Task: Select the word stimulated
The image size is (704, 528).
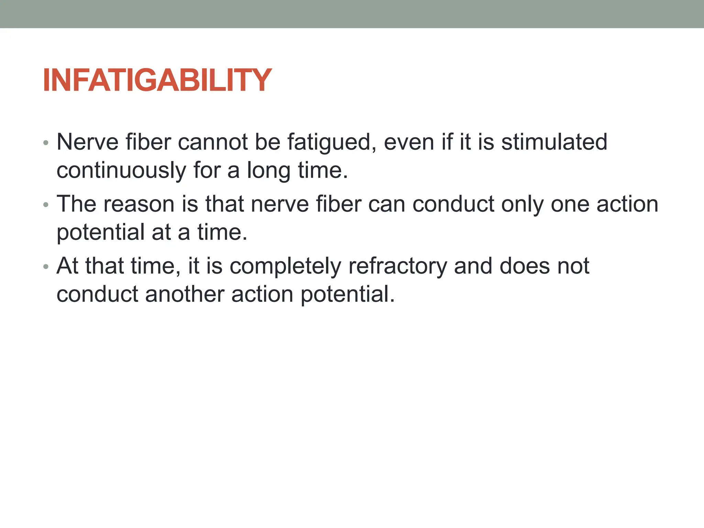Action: click(x=554, y=142)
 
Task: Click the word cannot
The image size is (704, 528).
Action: click(x=212, y=142)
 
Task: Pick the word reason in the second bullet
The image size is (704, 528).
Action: click(x=139, y=204)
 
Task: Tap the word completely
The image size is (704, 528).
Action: click(x=285, y=266)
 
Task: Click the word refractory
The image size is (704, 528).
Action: click(x=398, y=266)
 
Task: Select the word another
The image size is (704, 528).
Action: click(x=185, y=294)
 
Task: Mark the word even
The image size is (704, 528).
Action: click(x=409, y=142)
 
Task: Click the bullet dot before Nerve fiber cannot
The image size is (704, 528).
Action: click(x=46, y=143)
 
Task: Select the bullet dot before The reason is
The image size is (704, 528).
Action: click(x=46, y=205)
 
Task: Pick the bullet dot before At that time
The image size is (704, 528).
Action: click(x=46, y=267)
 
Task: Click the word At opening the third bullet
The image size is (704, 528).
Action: click(x=67, y=266)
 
